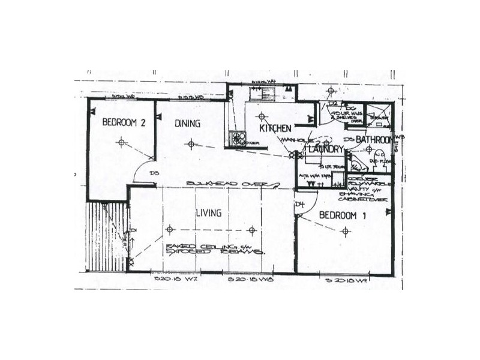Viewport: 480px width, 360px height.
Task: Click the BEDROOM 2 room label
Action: pyautogui.click(x=124, y=122)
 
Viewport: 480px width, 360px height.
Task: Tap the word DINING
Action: pyautogui.click(x=187, y=124)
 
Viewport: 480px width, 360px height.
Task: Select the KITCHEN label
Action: pyautogui.click(x=275, y=128)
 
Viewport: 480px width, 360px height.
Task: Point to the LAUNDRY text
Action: pyautogui.click(x=325, y=148)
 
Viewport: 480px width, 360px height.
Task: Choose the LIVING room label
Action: pyautogui.click(x=208, y=213)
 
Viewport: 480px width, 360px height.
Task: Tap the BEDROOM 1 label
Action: pyautogui.click(x=343, y=215)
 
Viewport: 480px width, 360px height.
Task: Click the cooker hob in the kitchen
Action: pyautogui.click(x=239, y=139)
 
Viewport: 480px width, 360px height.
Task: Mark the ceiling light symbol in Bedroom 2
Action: pyautogui.click(x=122, y=142)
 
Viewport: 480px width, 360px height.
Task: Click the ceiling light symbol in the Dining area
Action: pyautogui.click(x=191, y=143)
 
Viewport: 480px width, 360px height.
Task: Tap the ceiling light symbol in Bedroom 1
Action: pyautogui.click(x=344, y=233)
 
